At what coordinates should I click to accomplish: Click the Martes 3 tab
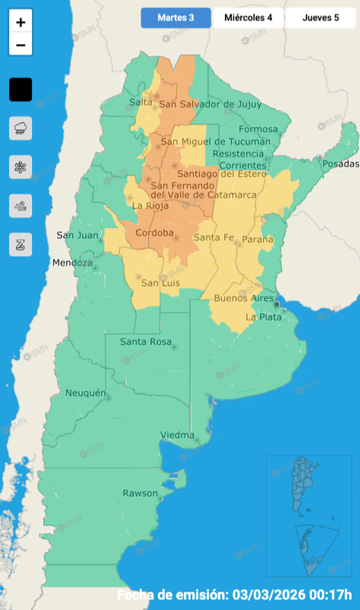tap(176, 18)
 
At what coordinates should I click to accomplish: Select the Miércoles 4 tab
tap(248, 18)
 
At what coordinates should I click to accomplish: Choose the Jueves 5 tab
tap(320, 18)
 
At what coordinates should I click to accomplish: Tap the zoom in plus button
tap(21, 22)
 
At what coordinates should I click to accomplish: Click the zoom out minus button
tap(21, 45)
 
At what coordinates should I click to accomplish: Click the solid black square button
tap(21, 90)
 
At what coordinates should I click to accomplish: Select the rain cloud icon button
tap(21, 128)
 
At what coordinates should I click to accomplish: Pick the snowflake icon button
tap(21, 167)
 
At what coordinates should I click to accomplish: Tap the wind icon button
tap(21, 206)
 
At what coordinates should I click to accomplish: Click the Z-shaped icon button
tap(21, 244)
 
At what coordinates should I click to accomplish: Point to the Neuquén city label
tap(86, 393)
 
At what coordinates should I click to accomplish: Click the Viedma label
tap(177, 435)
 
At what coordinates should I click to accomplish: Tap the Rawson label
tap(140, 493)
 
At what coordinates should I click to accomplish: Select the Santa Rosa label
tap(145, 342)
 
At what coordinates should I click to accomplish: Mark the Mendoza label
tap(72, 263)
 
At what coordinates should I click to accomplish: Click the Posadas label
tap(341, 163)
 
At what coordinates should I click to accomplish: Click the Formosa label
tap(258, 129)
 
